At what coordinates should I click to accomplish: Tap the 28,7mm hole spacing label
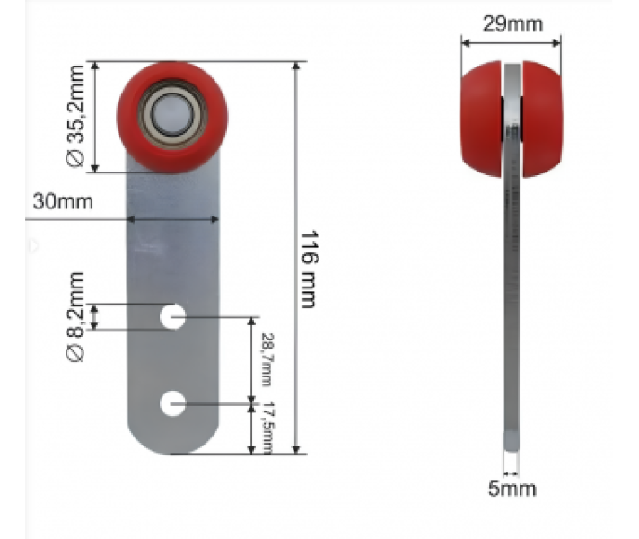tap(266, 358)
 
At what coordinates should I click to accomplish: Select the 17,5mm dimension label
tap(266, 429)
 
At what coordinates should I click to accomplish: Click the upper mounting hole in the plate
tap(173, 316)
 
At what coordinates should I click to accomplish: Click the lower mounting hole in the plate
tap(172, 403)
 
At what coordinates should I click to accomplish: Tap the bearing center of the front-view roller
tap(171, 114)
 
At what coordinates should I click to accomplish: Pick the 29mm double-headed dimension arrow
tap(511, 41)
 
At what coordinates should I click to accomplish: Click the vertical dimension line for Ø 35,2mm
tap(96, 117)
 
